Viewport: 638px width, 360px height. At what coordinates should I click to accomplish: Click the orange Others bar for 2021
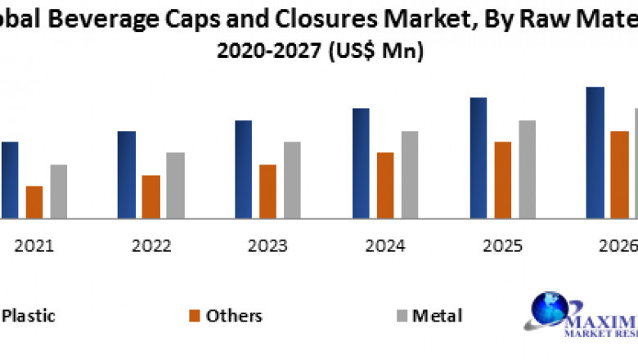coord(34,202)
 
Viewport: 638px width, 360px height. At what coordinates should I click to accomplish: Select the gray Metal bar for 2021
coord(58,191)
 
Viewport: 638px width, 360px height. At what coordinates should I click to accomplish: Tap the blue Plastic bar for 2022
coord(126,174)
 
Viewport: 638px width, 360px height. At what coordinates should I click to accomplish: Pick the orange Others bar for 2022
coord(151,196)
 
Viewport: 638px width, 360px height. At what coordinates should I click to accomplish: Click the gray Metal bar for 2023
coord(292,180)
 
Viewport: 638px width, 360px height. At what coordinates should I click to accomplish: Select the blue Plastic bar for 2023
coord(244,169)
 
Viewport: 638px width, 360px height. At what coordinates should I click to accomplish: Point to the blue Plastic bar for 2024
coord(361,163)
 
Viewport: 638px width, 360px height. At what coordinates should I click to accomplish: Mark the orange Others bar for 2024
coord(385,185)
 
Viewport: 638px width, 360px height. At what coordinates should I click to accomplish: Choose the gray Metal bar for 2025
coord(527,169)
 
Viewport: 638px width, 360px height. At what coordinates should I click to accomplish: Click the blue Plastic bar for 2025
coord(478,158)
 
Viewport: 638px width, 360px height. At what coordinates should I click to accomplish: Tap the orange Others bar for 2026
coord(619,174)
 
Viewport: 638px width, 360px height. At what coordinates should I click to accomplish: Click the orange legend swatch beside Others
coord(194,316)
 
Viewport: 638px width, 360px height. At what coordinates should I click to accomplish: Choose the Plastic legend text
coord(29,316)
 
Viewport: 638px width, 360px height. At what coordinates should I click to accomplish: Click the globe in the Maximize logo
coord(550,313)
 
